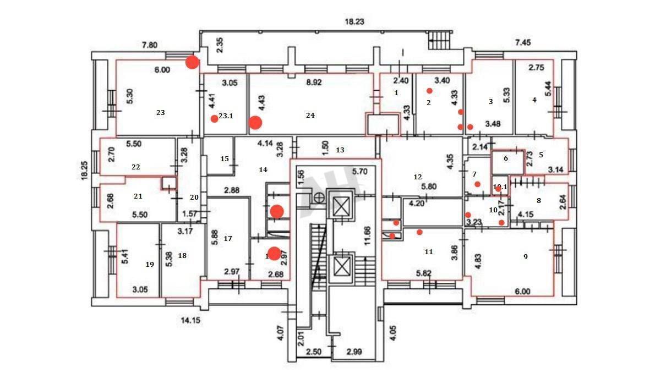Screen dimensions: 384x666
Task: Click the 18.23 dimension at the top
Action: pos(354,22)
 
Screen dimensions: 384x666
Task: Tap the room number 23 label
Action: pos(160,112)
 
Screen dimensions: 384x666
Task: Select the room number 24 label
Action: pos(310,115)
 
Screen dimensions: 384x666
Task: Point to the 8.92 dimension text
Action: pos(314,83)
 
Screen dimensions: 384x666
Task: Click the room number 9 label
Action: pos(526,256)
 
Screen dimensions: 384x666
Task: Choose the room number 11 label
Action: pos(428,252)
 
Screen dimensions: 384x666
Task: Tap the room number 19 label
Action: pos(149,264)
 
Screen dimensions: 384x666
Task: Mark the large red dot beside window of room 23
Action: pos(192,62)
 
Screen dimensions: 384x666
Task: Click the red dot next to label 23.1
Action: pos(214,119)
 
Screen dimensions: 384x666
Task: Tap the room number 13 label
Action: pos(340,150)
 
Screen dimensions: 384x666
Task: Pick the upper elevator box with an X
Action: pos(342,209)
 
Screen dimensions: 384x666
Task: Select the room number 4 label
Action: pos(534,100)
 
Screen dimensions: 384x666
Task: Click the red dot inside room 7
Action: pos(477,184)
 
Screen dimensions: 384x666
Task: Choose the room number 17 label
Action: pos(228,238)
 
